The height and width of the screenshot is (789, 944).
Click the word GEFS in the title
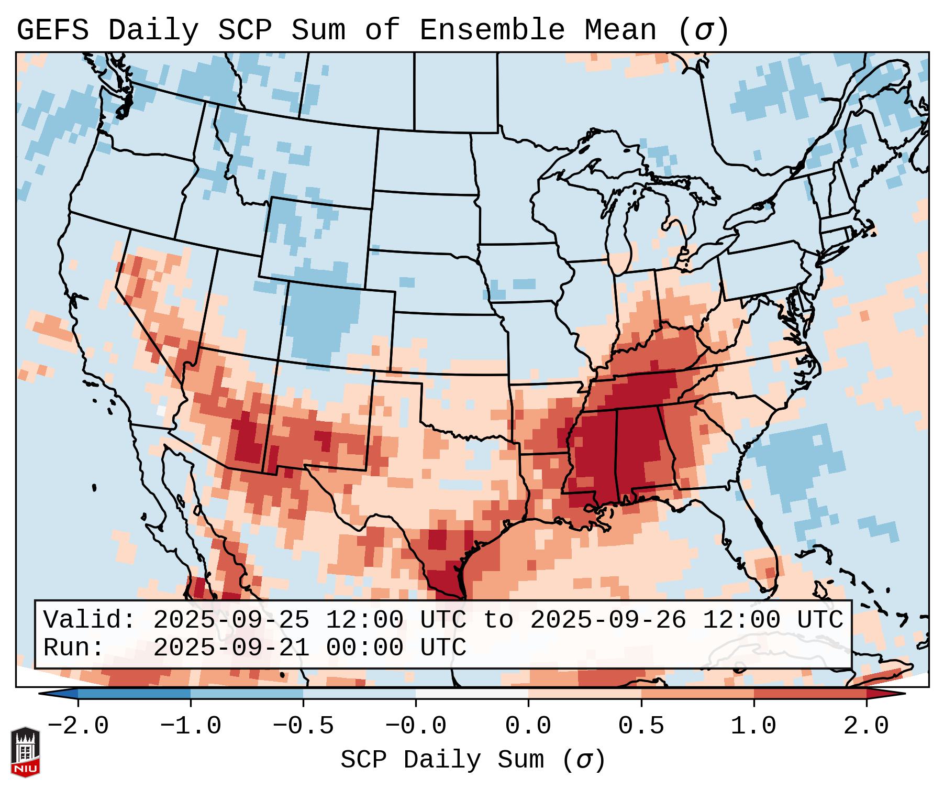point(52,30)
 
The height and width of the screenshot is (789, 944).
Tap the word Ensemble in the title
point(492,30)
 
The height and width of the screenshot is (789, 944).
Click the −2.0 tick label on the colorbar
point(78,726)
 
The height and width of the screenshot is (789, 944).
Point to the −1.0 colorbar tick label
point(191,726)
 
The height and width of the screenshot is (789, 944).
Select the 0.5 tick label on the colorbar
point(641,726)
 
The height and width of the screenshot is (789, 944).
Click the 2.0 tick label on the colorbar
point(867,726)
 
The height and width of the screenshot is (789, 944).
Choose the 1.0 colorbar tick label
point(753,726)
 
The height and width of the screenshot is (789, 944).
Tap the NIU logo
point(25,751)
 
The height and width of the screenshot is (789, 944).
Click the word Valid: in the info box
point(89,620)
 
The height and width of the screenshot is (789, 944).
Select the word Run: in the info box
point(74,648)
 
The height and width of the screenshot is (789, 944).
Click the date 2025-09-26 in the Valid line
point(608,620)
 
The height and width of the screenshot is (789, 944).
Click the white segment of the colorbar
point(472,694)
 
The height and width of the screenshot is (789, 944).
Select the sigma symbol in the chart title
point(703,30)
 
